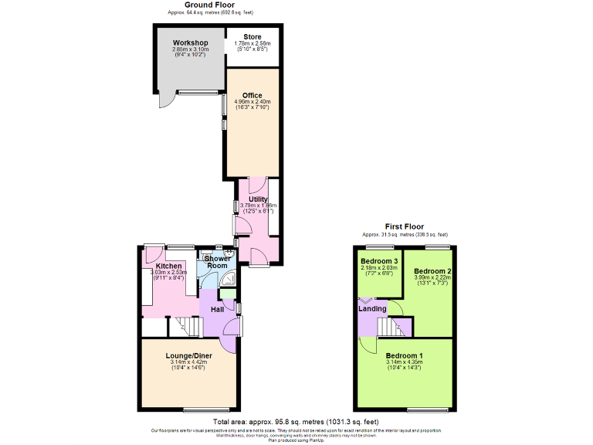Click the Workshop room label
[x=190, y=42]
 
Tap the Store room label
[x=252, y=37]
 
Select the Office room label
[x=252, y=96]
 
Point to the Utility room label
[x=257, y=199]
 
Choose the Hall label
[x=218, y=310]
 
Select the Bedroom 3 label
[x=380, y=261]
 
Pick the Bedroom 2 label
[x=432, y=272]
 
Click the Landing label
[x=372, y=309]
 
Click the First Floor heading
[x=405, y=226]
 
